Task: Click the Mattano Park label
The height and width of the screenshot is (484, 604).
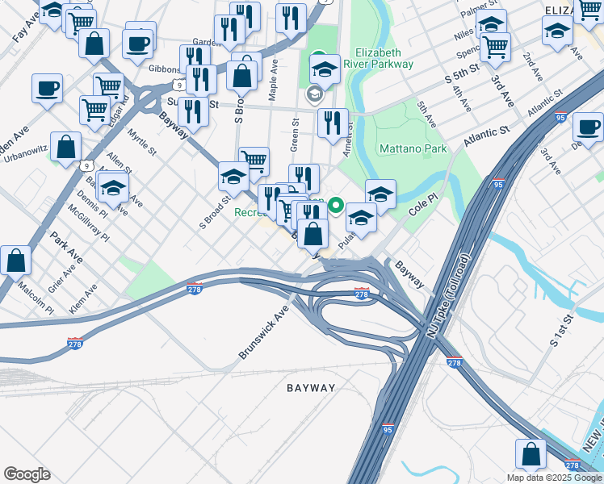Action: coord(413,149)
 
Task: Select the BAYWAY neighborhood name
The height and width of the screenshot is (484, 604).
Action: coord(311,388)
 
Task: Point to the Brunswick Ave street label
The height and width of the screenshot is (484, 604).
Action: coord(263,332)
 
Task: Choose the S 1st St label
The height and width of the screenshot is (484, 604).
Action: coord(560,331)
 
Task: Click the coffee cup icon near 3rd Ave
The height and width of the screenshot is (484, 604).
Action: coord(588,126)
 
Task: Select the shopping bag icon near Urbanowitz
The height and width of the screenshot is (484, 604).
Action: coord(65,146)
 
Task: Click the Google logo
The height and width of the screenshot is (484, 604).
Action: coord(27,474)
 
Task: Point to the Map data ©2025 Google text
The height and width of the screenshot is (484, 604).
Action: coord(554,478)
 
